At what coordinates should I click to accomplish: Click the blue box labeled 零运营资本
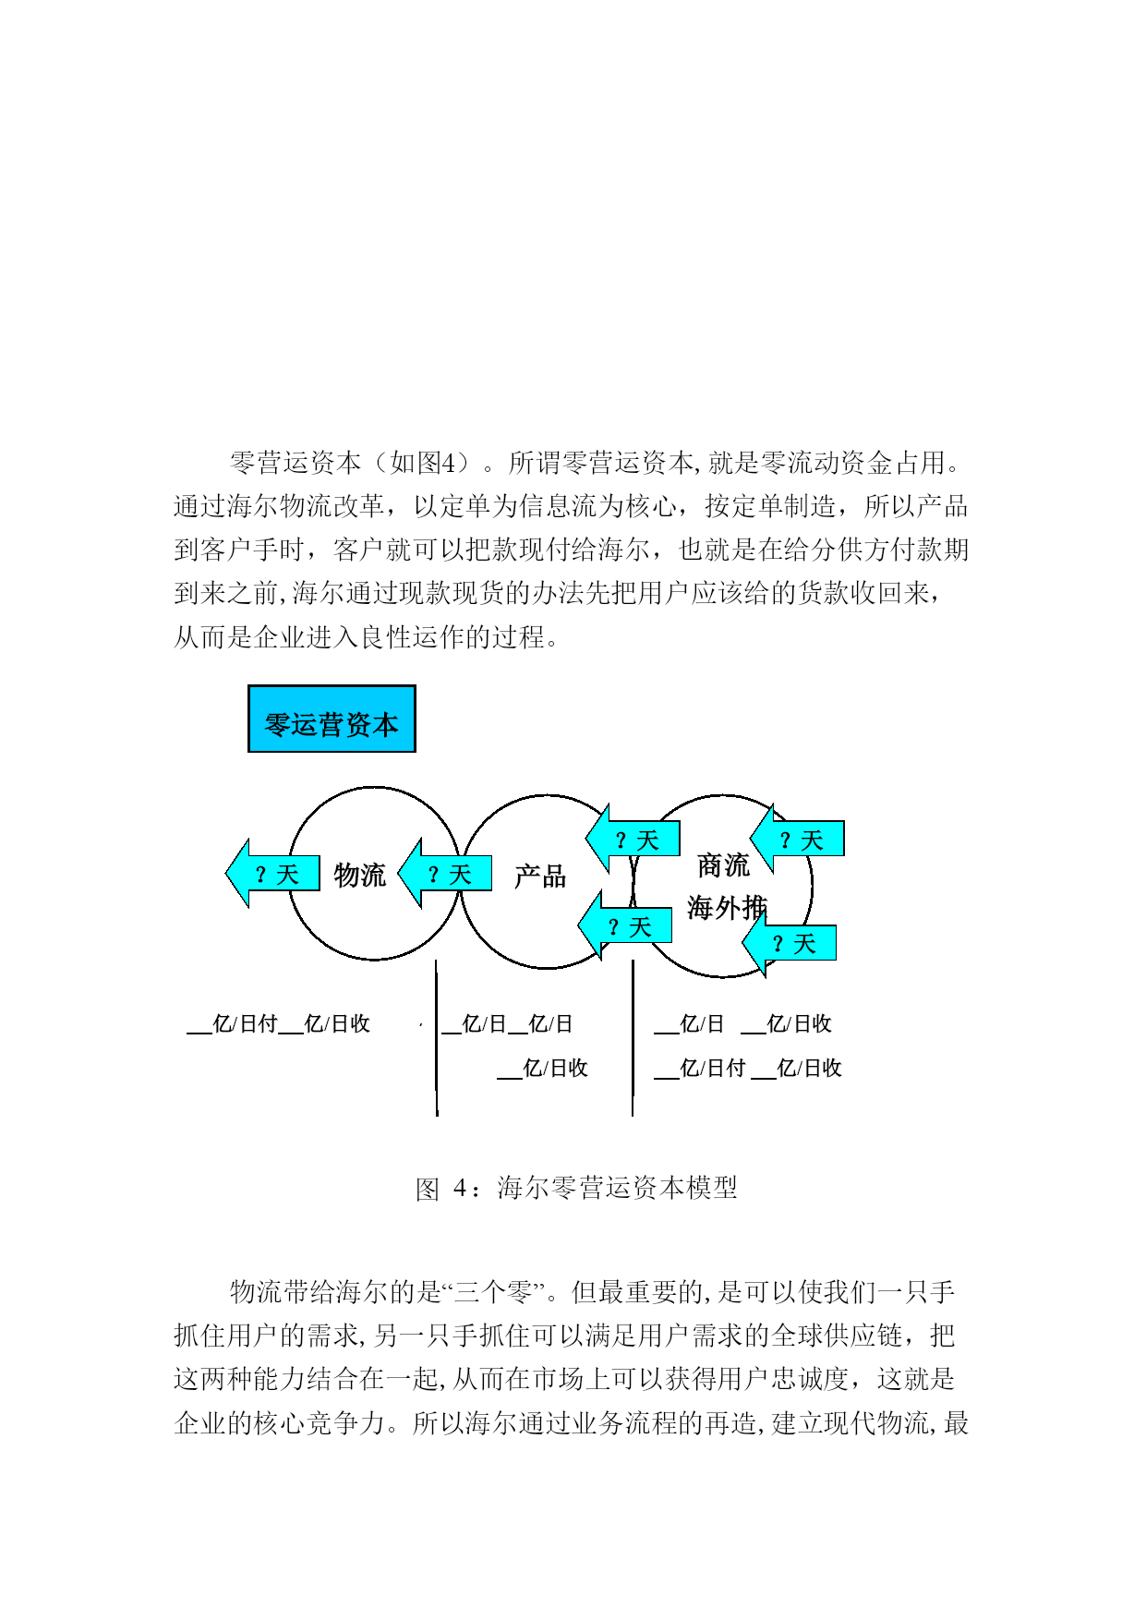click(x=332, y=719)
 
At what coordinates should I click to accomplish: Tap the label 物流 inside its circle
click(x=360, y=875)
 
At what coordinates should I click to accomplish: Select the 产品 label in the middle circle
click(x=540, y=876)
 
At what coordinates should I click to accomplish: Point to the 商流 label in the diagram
click(x=723, y=865)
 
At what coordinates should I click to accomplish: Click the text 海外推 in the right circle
click(x=727, y=908)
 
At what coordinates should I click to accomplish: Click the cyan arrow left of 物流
click(x=272, y=873)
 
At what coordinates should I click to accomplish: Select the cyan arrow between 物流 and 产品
click(x=444, y=873)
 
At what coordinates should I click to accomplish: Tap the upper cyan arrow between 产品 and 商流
click(x=633, y=839)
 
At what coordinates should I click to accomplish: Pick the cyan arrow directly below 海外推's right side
click(x=790, y=943)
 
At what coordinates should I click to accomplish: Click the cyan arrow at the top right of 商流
click(x=797, y=839)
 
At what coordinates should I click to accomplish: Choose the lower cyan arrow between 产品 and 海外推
click(x=625, y=925)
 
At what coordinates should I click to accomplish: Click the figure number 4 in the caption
click(x=460, y=1188)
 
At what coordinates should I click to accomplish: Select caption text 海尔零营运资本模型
click(x=617, y=1188)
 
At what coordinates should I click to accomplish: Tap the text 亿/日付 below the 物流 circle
click(x=245, y=1023)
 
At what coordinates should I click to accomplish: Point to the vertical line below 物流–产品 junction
click(x=436, y=1037)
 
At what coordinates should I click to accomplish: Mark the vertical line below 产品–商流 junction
click(x=633, y=1037)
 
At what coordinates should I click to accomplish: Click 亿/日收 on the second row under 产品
click(x=555, y=1068)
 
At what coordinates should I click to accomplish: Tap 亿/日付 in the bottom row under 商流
click(x=712, y=1068)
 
